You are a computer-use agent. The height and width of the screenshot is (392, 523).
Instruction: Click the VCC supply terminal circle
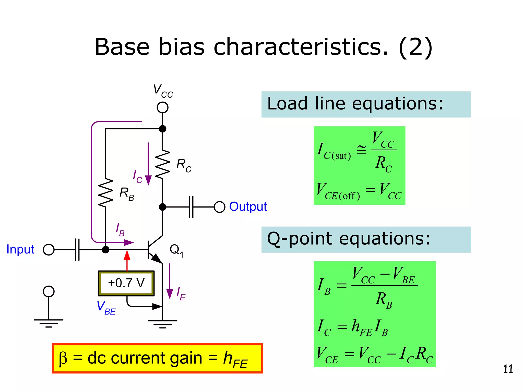point(162,107)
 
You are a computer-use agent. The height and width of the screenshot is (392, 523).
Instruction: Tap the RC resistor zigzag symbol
point(162,164)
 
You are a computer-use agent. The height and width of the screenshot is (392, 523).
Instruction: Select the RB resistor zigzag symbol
point(105,193)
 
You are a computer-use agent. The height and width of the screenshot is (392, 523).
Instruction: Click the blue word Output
point(248,206)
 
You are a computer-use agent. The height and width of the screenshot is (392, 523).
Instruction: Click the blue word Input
point(20,249)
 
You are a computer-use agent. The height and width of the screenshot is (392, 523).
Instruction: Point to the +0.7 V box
point(126,283)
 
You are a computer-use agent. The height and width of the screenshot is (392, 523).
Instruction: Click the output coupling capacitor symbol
point(191,207)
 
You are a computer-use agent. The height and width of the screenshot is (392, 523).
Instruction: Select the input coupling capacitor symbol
point(77,250)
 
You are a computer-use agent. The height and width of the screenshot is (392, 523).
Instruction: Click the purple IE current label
point(181,293)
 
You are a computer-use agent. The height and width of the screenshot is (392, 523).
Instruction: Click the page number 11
point(508,369)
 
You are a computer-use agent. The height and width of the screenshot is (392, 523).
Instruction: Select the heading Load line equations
point(355,104)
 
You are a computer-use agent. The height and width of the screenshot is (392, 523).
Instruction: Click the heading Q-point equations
point(349,239)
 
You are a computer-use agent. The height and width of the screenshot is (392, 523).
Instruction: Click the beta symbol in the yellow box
point(63,358)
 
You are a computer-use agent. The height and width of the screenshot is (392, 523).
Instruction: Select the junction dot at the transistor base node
point(105,250)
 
